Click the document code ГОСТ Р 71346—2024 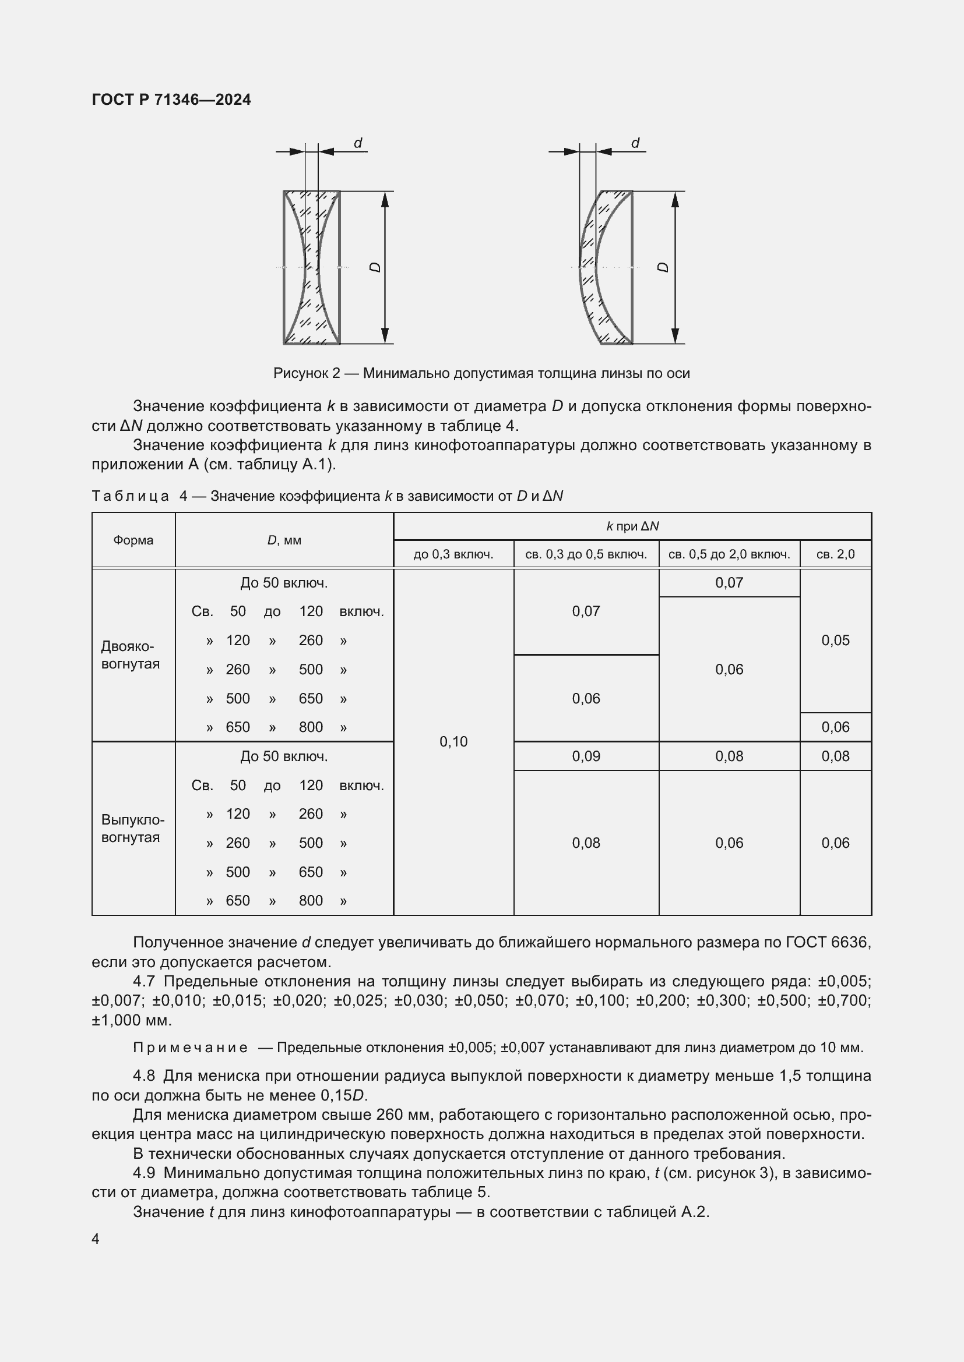tap(171, 100)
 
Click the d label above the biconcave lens tap(358, 143)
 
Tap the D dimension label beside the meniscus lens tap(664, 267)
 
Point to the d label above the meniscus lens tap(635, 143)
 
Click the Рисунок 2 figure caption tap(481, 373)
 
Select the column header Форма tap(133, 540)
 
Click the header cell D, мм tap(284, 540)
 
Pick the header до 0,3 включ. tap(453, 555)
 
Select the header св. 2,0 tap(835, 555)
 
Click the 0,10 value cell tap(453, 741)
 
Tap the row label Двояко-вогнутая tap(131, 655)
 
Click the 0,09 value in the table tap(586, 756)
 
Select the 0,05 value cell tap(835, 641)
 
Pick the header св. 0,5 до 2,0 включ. tap(729, 555)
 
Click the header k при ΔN tap(632, 526)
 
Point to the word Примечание tap(190, 1048)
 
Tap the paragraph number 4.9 tap(143, 1173)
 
